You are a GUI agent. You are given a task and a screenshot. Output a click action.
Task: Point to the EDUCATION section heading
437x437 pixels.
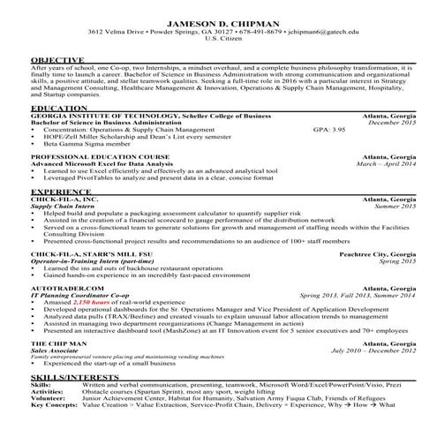point(53,107)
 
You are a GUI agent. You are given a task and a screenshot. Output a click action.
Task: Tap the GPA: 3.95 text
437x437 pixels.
point(329,129)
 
